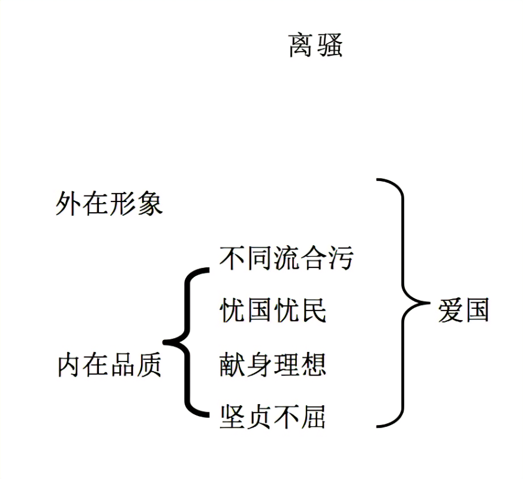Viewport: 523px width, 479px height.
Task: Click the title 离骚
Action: (x=315, y=45)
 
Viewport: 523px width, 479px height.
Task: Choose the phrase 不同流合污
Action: (x=286, y=258)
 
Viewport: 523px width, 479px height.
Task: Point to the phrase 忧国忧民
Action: (x=273, y=312)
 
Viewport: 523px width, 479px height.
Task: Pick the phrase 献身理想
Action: (x=273, y=364)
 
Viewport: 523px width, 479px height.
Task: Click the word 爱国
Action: (x=463, y=311)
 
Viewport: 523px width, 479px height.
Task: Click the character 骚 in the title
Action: (x=329, y=45)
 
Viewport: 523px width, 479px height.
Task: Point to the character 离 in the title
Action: (x=302, y=45)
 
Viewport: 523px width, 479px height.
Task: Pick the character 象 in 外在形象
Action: (x=149, y=204)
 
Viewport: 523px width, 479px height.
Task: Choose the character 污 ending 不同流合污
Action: (x=340, y=258)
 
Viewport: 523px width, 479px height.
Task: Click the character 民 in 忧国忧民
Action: (x=314, y=312)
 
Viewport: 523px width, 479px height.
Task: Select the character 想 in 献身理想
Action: (x=314, y=364)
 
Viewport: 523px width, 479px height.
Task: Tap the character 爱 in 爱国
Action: (x=450, y=311)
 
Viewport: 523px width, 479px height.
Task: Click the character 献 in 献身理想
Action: (x=233, y=364)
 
